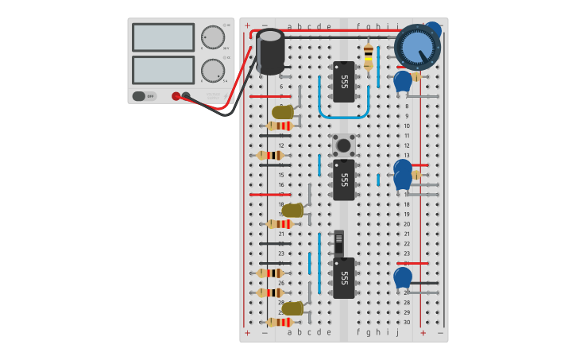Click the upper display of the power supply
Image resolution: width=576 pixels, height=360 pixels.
[163, 37]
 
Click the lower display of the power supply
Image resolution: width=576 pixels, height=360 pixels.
[163, 70]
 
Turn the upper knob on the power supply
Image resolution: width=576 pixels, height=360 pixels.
[212, 37]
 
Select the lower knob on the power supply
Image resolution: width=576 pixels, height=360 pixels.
[212, 71]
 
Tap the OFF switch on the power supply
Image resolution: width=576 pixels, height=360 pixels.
[144, 96]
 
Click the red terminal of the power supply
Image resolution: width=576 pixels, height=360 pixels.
[176, 96]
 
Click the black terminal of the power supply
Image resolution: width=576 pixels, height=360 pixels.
[186, 96]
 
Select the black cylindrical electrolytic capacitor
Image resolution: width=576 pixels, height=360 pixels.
[270, 52]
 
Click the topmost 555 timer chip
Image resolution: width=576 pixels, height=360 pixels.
[343, 82]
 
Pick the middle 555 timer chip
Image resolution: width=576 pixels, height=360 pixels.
[343, 180]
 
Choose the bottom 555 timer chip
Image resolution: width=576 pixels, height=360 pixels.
[343, 278]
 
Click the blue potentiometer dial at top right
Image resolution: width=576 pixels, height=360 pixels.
[417, 46]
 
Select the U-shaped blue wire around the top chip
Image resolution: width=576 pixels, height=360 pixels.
[344, 115]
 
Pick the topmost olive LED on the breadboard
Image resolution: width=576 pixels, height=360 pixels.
[282, 112]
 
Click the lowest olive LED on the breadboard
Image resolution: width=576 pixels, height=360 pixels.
[292, 308]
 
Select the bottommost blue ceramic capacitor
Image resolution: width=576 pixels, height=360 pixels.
[403, 277]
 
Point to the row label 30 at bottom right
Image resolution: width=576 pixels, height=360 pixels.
[407, 322]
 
